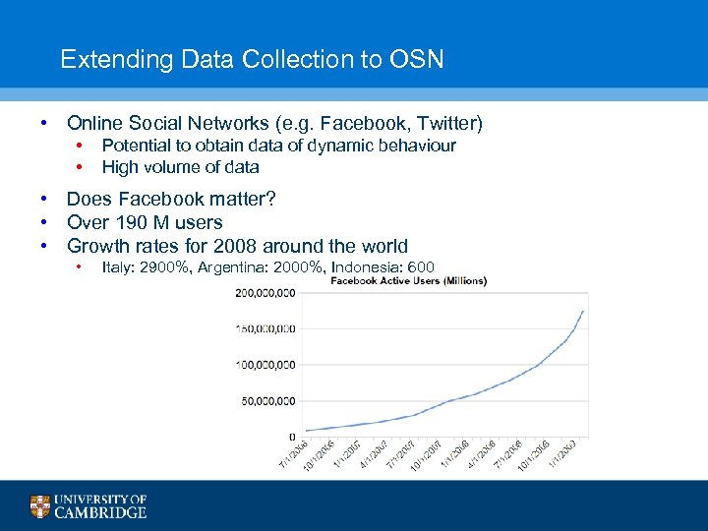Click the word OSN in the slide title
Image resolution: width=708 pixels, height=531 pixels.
[x=417, y=60]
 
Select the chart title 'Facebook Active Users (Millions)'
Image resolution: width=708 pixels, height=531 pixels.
[x=408, y=281]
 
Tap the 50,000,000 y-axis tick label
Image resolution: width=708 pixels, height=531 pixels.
[x=268, y=401]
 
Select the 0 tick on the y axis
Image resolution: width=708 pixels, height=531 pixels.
[x=292, y=437]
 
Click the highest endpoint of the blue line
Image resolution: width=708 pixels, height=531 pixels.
[x=584, y=312]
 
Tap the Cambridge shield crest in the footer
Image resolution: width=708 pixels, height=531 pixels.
[x=39, y=506]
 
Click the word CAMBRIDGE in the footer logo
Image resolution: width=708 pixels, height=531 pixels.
[x=100, y=512]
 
